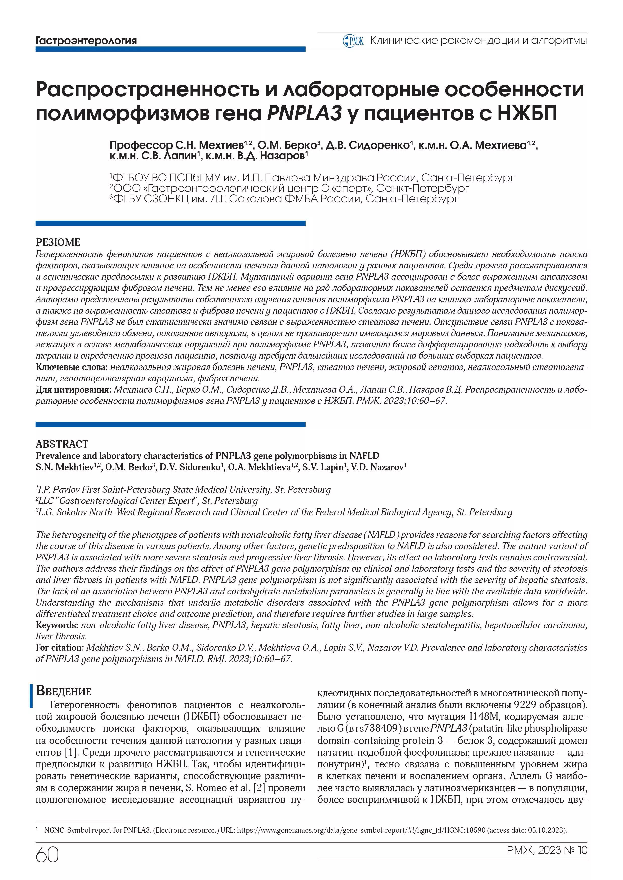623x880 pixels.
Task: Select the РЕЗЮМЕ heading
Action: click(x=58, y=242)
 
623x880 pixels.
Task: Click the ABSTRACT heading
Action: click(x=62, y=444)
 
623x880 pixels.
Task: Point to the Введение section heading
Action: click(x=64, y=691)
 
